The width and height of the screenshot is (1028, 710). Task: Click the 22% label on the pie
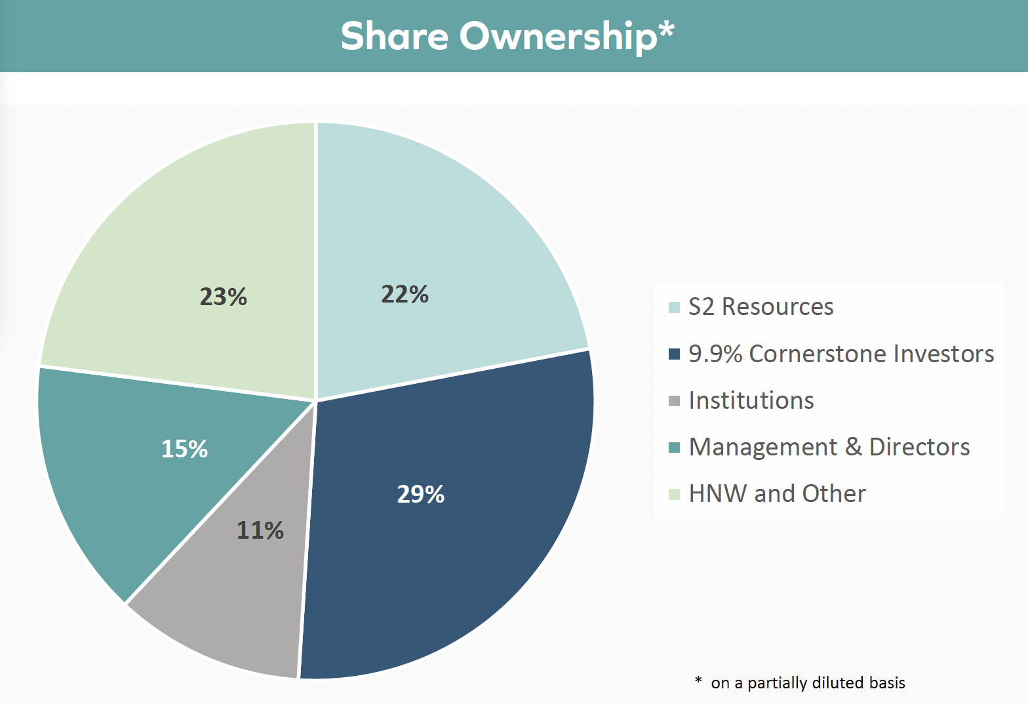click(405, 294)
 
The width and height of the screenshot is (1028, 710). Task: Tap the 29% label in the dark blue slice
click(420, 493)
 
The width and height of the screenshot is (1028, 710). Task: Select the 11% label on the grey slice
click(260, 530)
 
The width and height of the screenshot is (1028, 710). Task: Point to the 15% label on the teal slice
click(184, 449)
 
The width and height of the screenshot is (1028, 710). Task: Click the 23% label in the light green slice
click(223, 297)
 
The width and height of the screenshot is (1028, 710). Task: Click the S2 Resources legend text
click(761, 307)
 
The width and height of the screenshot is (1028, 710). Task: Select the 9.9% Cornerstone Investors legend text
click(841, 354)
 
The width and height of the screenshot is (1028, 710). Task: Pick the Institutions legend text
click(751, 400)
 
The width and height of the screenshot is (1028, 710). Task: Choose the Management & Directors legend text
click(829, 447)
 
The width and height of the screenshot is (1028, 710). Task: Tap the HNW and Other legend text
click(777, 493)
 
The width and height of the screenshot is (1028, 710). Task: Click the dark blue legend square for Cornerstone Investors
click(674, 354)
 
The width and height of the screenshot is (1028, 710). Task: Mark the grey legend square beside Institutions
click(674, 401)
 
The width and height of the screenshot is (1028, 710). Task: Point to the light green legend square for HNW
click(674, 494)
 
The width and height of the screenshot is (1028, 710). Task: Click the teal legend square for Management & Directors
click(674, 448)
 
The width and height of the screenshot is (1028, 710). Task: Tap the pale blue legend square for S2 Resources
click(674, 308)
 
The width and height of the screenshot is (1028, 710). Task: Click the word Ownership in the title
click(558, 37)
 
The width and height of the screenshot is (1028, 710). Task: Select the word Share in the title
click(394, 35)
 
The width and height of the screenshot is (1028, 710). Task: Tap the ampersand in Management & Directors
click(853, 447)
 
